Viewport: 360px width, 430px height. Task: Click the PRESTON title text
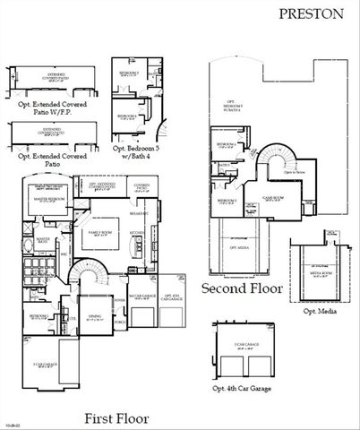[x=323, y=14]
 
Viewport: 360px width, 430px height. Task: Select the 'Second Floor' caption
[x=242, y=288]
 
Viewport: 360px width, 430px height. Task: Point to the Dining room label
[x=96, y=317]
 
